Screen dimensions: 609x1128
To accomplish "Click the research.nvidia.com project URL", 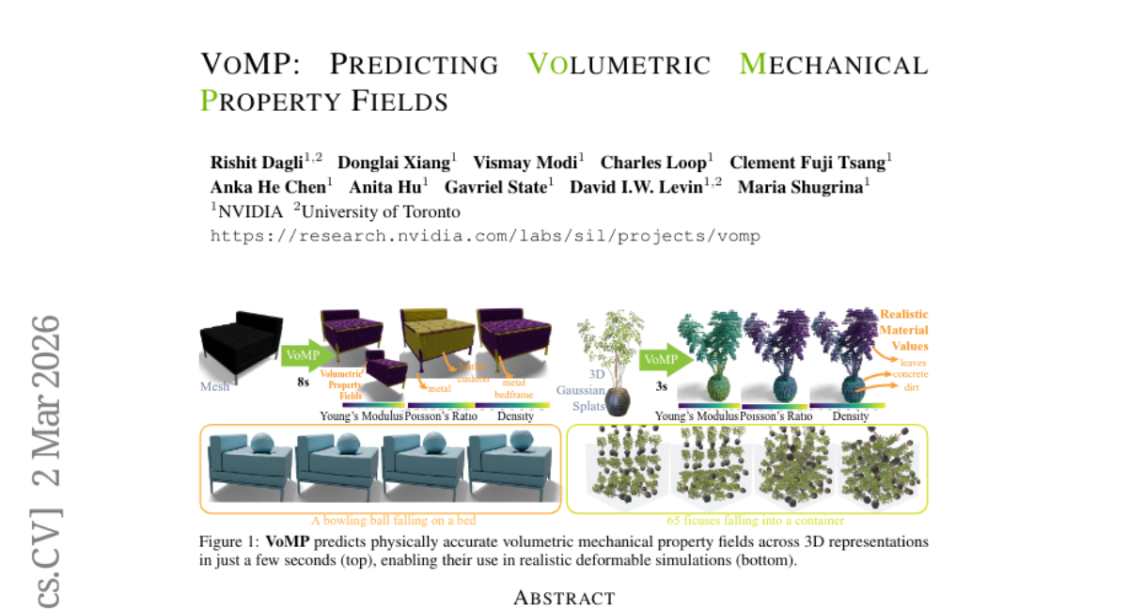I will coord(485,236).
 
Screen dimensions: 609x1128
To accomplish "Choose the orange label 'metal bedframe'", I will coord(513,388).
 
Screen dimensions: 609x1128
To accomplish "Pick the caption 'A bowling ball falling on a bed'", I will coord(381,520).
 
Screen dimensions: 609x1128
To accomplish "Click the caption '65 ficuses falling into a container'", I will coord(746,520).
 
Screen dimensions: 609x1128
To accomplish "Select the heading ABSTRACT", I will coord(564,598).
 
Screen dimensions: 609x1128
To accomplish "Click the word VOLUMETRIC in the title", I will coord(618,66).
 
